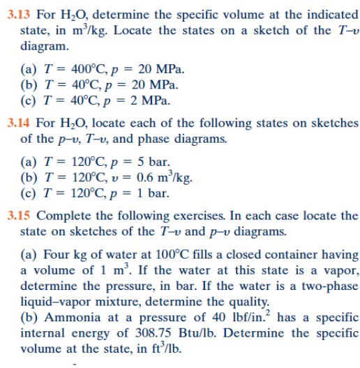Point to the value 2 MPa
point(151,100)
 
